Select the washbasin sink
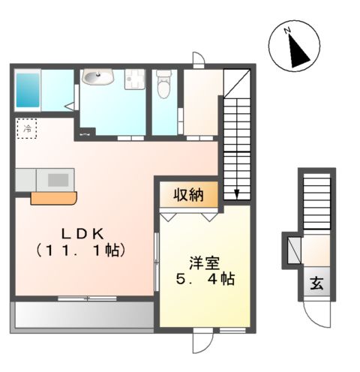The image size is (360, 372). coord(97,77)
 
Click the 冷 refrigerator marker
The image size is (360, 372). coord(25,128)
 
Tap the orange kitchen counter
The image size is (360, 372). coord(53,198)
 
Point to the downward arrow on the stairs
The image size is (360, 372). coord(237,193)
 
